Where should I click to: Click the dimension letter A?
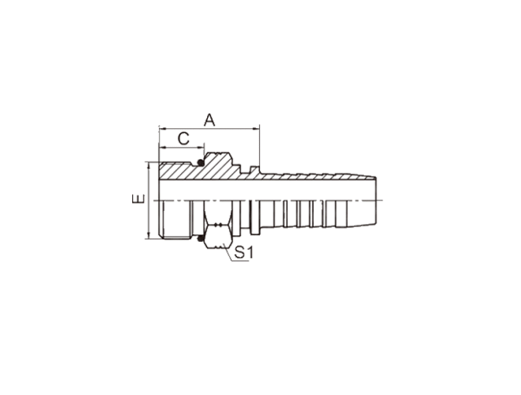click(209, 120)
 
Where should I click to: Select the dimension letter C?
click(184, 138)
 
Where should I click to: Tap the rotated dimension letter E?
click(138, 199)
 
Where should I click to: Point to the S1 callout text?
click(244, 253)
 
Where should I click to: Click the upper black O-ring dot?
click(200, 162)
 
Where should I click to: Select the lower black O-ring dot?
click(200, 239)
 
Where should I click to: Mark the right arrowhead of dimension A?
click(256, 128)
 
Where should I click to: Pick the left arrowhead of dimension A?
click(162, 128)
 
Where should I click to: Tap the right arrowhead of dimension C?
click(200, 147)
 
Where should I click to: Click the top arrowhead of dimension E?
click(149, 166)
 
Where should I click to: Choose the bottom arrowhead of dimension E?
click(149, 235)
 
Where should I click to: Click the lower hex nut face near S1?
click(218, 237)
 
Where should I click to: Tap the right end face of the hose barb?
click(376, 201)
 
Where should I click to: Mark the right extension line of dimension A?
click(259, 149)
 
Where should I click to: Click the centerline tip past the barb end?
click(383, 201)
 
